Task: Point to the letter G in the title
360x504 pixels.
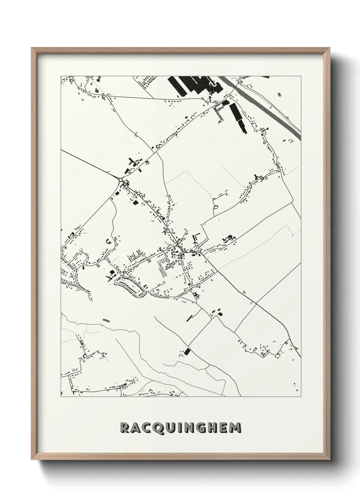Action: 203,428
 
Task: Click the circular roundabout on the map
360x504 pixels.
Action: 120,179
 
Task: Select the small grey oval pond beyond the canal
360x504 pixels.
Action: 279,94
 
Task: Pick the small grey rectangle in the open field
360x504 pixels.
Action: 107,320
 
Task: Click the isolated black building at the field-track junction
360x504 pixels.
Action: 187,351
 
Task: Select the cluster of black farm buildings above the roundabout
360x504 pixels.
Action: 133,163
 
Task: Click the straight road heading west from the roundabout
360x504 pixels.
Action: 88,164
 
